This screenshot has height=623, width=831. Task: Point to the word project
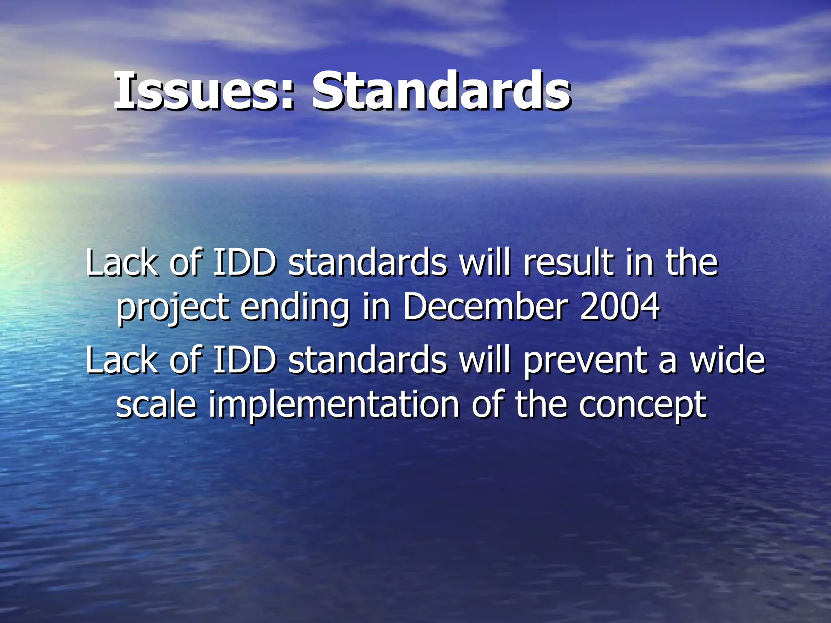[172, 308]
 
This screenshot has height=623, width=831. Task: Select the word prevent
[584, 361]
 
